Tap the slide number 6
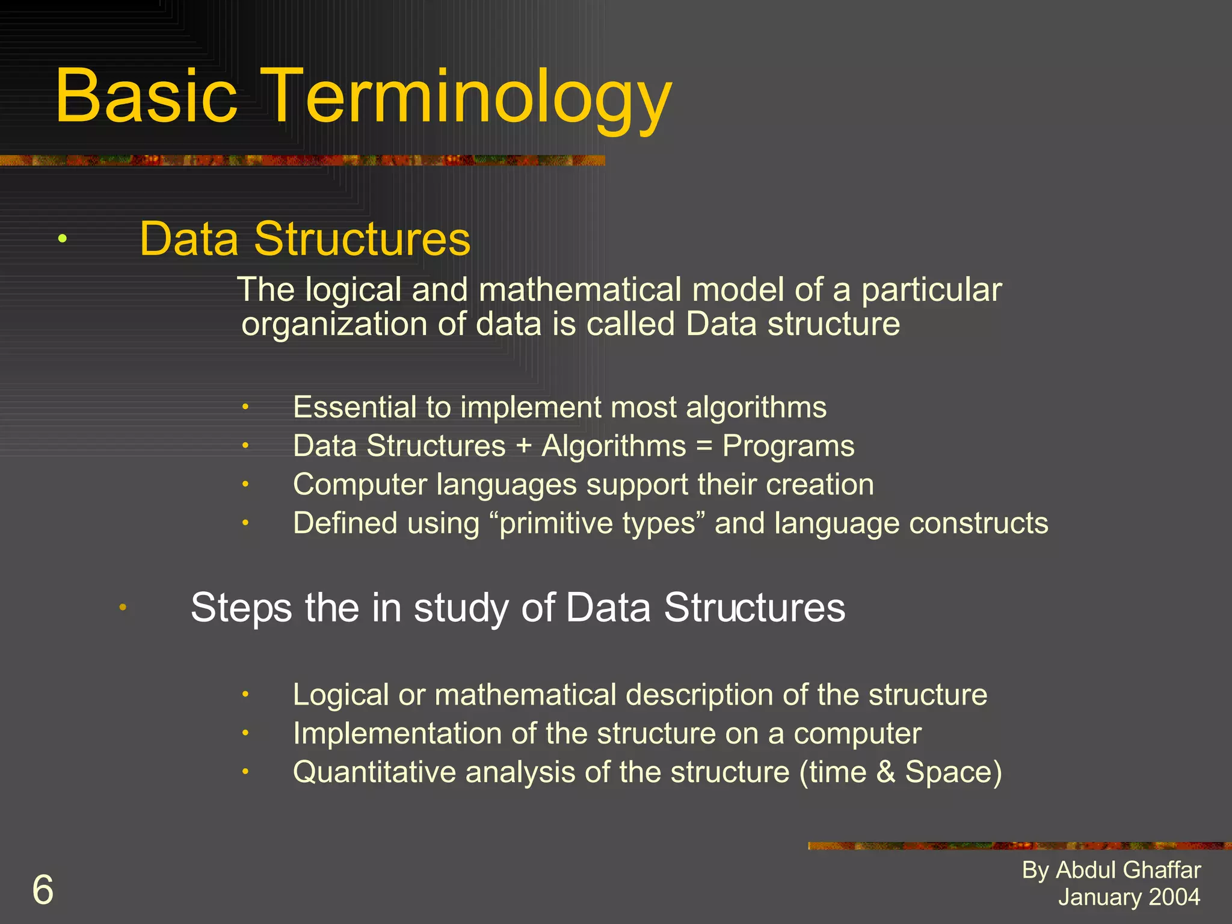[43, 890]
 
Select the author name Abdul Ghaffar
[1128, 870]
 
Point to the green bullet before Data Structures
[63, 239]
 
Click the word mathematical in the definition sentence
[579, 289]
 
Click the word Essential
[354, 407]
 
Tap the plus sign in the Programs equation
[523, 446]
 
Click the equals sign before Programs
[704, 446]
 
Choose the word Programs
[788, 446]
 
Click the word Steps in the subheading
[241, 608]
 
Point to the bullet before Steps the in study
[123, 608]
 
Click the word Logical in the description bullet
[340, 695]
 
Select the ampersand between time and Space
[885, 772]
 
